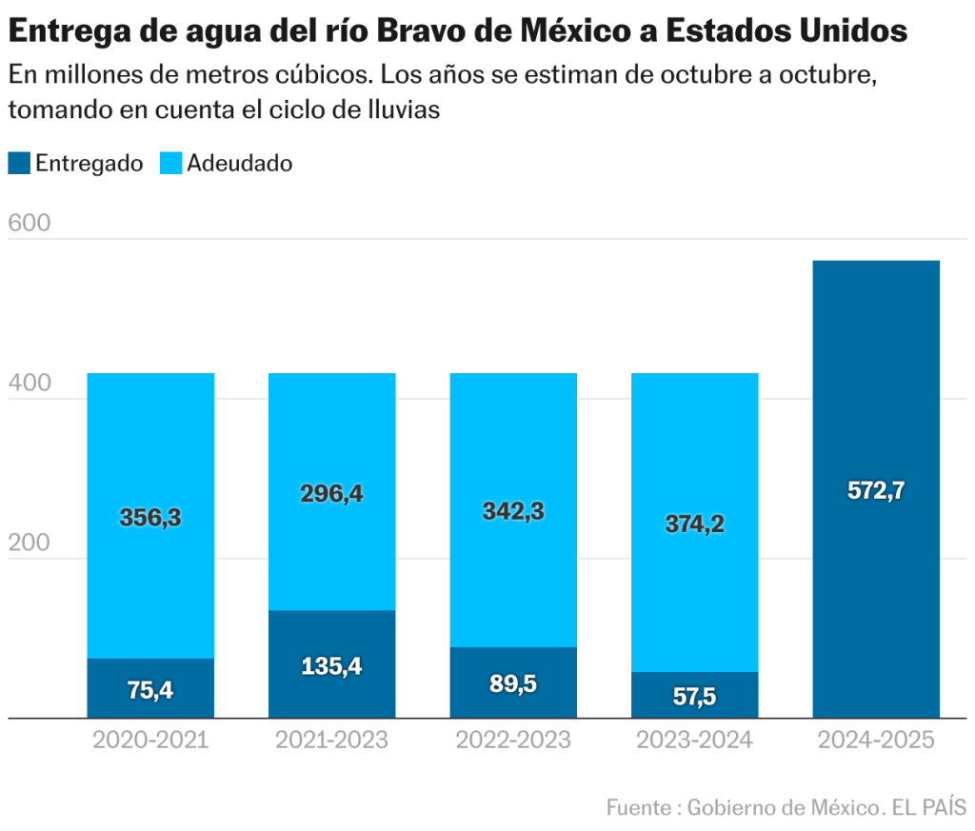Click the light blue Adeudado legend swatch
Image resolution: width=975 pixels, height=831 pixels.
pos(170,163)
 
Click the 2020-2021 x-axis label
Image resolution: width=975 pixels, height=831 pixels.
pos(150,740)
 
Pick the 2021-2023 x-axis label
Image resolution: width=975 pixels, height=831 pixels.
pos(331,740)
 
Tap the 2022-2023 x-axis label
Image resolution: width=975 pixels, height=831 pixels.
pos(513,740)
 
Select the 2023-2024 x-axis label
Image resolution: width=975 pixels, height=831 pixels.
pos(694,740)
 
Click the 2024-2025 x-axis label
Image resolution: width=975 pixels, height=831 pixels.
pos(876,740)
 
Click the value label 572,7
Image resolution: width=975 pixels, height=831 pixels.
pos(876,491)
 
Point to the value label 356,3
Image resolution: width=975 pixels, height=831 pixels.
pos(150,518)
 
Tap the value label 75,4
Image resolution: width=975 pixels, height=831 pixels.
pos(150,690)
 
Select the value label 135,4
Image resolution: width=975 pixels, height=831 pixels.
pos(331,666)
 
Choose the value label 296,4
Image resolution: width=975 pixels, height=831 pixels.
pos(331,494)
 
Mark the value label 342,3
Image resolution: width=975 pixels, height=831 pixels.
pos(513,511)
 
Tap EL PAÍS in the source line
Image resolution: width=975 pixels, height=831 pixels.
pos(928,807)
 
